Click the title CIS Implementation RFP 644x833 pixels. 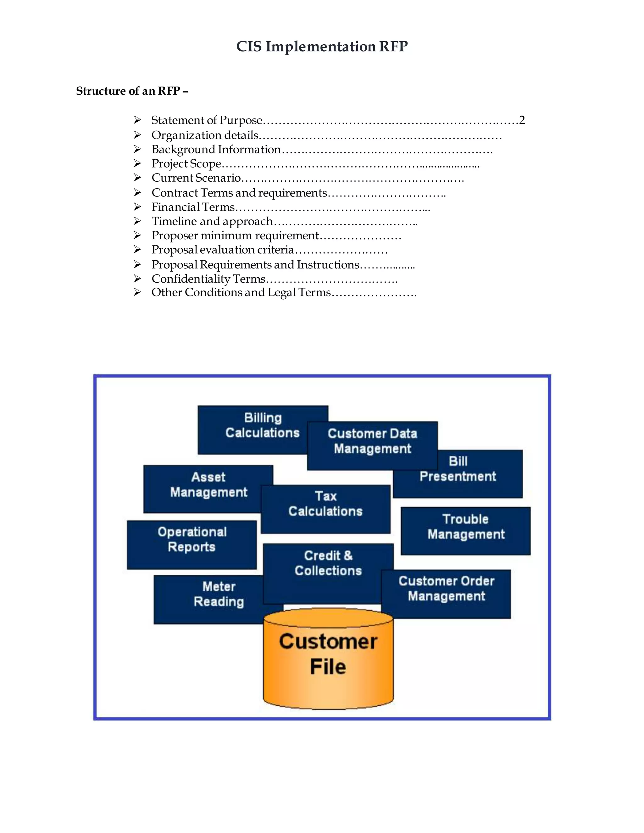tap(322, 47)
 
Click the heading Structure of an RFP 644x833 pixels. tap(132, 91)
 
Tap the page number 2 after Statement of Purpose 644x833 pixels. tap(522, 120)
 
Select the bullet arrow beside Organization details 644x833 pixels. tap(137, 135)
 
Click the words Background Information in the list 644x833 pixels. tap(216, 150)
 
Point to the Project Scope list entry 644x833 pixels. tap(186, 164)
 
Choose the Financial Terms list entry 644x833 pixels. tap(193, 207)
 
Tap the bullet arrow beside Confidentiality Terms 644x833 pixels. tap(137, 279)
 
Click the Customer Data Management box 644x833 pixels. tap(372, 441)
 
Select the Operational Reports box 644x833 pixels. tap(192, 540)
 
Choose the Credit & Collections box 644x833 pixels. tap(328, 564)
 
